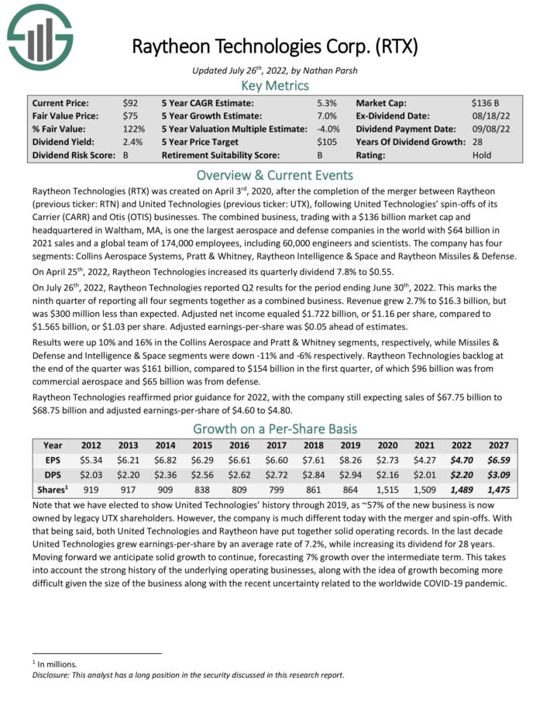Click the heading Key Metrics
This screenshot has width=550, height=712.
[275, 85]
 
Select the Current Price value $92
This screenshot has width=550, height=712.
[130, 102]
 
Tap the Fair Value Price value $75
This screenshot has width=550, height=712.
[130, 115]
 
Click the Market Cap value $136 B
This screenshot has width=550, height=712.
[486, 102]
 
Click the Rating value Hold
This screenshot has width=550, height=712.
[481, 155]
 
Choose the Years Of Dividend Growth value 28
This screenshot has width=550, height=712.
[477, 142]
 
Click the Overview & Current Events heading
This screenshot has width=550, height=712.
[275, 174]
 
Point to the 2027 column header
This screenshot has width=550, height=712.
[497, 445]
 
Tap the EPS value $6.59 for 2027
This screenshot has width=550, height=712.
[497, 459]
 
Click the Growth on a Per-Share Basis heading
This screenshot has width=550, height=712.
[275, 428]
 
